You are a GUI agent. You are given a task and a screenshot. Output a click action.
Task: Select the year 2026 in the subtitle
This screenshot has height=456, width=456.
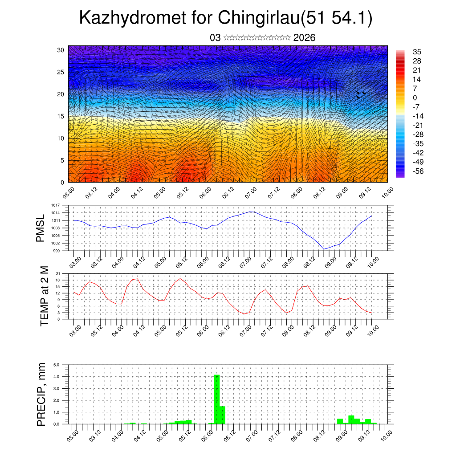(x=305, y=38)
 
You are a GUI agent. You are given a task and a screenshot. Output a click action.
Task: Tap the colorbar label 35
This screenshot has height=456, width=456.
(x=417, y=52)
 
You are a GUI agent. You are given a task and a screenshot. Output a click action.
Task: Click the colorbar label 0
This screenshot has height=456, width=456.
(x=415, y=98)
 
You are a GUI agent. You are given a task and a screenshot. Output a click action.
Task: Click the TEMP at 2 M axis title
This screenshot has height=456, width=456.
(x=44, y=296)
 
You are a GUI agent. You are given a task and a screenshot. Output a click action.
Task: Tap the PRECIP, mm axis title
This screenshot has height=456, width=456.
(x=41, y=394)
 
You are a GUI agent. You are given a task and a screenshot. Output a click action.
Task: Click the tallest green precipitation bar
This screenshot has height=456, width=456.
(x=217, y=399)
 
